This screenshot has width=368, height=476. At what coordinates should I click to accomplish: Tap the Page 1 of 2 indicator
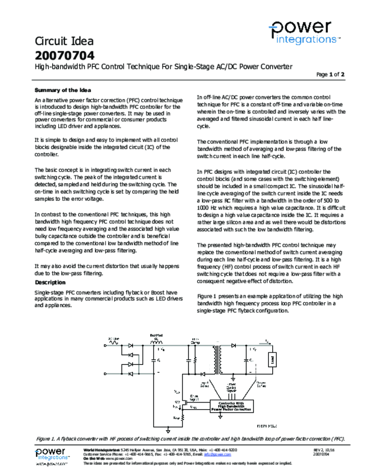coord(330,74)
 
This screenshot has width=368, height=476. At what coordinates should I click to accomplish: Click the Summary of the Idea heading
coord(63,90)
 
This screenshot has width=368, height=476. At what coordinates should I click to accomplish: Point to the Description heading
coord(50,282)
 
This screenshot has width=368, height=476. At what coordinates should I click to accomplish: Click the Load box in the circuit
coord(273,359)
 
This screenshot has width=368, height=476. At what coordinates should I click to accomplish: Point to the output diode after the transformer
coord(233,346)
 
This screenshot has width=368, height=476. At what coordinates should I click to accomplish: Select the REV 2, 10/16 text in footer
coord(324,450)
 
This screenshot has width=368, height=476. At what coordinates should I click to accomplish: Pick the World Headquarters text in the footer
coord(101,450)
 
